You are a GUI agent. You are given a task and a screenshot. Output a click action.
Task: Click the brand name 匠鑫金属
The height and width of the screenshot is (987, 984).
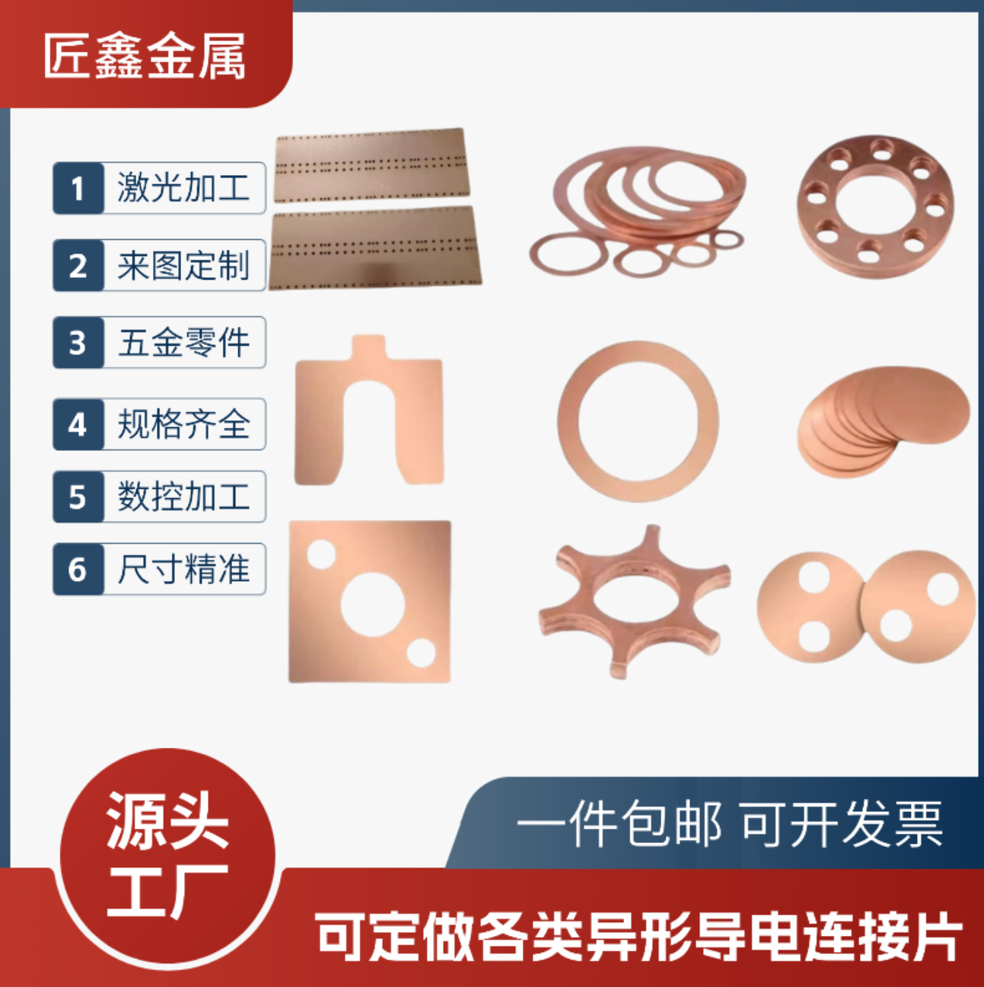(145, 56)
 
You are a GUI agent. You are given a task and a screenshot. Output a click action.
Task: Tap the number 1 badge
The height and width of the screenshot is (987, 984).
(78, 188)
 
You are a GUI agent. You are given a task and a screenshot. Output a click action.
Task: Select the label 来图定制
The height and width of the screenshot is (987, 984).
(183, 266)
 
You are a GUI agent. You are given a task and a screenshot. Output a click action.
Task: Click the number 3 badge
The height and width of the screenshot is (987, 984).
(78, 343)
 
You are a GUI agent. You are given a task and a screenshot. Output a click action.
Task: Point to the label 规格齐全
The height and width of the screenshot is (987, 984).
(183, 424)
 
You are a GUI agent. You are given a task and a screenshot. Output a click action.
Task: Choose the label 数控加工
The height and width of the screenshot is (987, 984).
(183, 497)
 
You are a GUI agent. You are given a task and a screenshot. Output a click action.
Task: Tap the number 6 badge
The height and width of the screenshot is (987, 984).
(78, 569)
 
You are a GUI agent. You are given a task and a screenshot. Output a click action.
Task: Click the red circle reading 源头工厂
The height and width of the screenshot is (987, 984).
(167, 853)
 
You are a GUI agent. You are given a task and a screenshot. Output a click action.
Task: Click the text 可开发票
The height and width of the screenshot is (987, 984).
(841, 824)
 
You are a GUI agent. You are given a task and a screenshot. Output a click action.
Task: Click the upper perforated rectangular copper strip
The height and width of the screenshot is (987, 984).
(371, 164)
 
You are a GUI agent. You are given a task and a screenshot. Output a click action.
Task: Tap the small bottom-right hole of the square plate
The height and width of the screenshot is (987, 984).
(421, 653)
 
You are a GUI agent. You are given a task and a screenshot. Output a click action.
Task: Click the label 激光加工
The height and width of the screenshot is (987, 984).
(183, 188)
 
